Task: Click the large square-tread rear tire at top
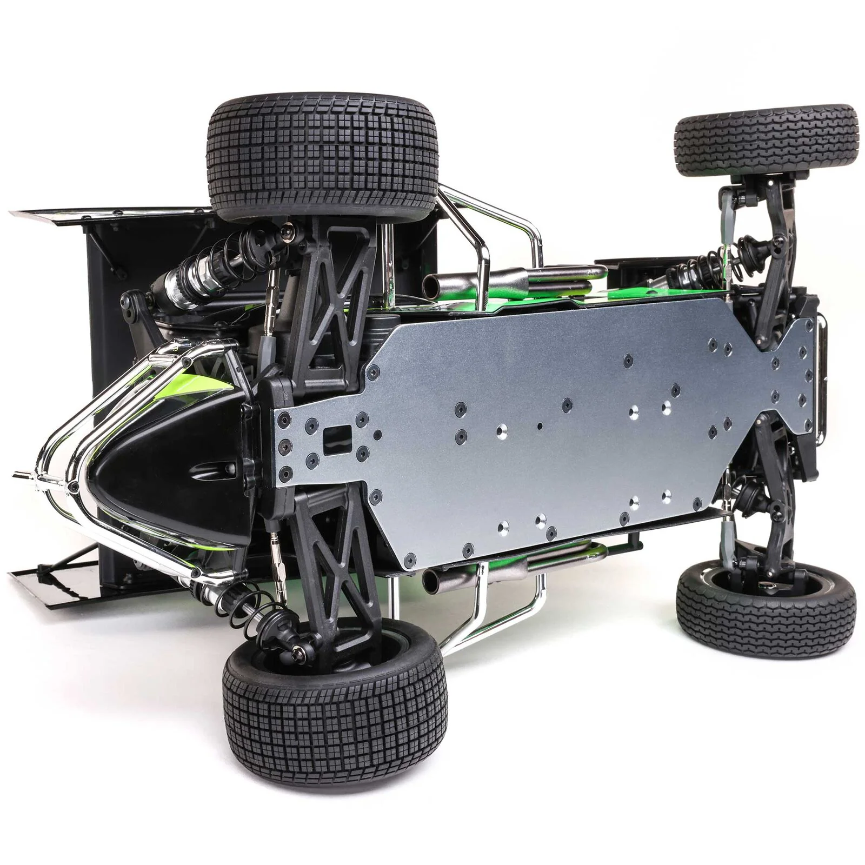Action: [324, 157]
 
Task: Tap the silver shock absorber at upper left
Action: [195, 276]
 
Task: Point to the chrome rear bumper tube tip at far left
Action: [22, 475]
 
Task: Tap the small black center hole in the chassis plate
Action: [540, 426]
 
